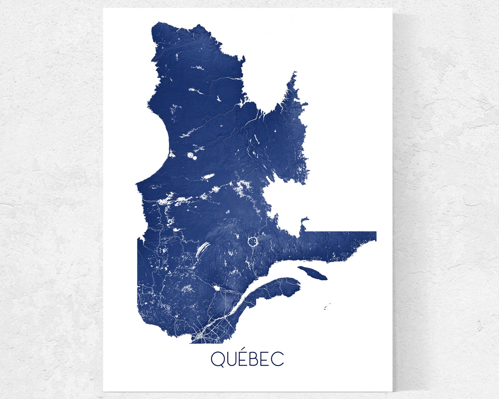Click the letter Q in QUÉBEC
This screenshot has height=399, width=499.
[x=217, y=359]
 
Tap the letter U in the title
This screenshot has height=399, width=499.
[x=233, y=359]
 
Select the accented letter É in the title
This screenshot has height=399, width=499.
[x=245, y=359]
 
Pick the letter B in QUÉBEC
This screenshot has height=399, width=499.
[x=257, y=359]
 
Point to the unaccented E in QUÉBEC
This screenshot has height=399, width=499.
[x=268, y=359]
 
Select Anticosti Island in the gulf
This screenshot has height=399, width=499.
[x=312, y=273]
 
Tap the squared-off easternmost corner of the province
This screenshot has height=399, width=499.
[x=376, y=233]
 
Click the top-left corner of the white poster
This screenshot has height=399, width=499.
[x=104, y=9]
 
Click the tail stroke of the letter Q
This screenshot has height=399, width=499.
[x=222, y=365]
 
